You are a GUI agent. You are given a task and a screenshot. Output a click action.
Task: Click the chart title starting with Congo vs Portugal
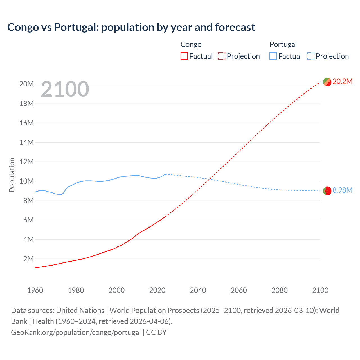[131, 27]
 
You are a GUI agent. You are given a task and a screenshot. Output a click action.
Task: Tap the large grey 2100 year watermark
[65, 89]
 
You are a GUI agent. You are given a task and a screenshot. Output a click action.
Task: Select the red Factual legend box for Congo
[184, 56]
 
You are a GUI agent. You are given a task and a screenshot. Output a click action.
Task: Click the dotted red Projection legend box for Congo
[222, 56]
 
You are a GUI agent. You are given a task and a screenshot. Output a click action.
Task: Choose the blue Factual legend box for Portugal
[273, 56]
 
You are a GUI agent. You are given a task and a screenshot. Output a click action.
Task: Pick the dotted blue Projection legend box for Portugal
[311, 56]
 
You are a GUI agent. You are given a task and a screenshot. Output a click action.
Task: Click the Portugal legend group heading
[283, 44]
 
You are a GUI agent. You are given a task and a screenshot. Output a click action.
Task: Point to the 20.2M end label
[342, 82]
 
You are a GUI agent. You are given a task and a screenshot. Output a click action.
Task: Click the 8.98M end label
[342, 190]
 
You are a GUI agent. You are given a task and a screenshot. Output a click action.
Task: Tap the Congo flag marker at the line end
[327, 82]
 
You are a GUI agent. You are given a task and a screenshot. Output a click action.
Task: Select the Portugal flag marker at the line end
[327, 191]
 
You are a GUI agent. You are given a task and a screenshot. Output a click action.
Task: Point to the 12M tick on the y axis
[26, 162]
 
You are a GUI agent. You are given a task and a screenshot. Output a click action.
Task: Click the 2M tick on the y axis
[28, 259]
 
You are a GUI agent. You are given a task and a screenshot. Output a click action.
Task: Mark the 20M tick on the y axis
[26, 84]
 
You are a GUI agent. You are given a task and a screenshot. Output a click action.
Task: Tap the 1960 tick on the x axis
[35, 290]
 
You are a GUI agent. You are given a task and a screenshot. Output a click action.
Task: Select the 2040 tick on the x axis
[198, 290]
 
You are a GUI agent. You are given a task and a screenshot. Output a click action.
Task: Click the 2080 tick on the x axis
[280, 290]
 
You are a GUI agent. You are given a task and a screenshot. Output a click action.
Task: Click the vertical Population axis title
[12, 175]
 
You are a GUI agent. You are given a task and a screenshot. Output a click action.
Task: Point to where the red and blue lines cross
[210, 179]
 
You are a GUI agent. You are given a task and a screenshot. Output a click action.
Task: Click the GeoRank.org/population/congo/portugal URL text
[76, 332]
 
